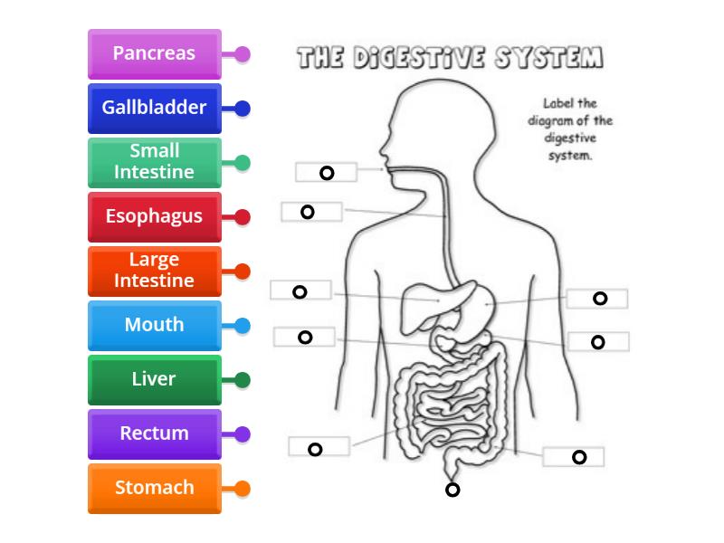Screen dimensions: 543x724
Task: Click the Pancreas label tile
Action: [x=154, y=53]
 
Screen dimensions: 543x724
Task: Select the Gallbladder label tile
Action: [x=154, y=108]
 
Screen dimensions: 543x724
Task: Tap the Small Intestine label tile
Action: [x=154, y=162]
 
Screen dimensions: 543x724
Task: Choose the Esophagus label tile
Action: [x=154, y=216]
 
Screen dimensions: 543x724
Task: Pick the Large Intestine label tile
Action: [x=154, y=271]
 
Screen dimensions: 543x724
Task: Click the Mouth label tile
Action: [x=154, y=325]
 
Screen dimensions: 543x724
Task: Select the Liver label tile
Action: [x=154, y=379]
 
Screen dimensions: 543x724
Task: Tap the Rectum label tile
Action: [x=154, y=433]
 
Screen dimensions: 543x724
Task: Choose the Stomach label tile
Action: [x=154, y=488]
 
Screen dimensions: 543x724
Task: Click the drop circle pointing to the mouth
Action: [x=327, y=173]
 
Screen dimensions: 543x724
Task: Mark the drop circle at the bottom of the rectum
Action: [x=452, y=491]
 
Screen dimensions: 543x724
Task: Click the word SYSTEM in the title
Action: [x=548, y=59]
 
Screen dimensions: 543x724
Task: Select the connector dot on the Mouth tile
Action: [x=243, y=325]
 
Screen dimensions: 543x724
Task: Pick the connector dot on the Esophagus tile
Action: [x=243, y=216]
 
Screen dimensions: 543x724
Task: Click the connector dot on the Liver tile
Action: [x=243, y=379]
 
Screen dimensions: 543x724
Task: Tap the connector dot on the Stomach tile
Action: [x=243, y=488]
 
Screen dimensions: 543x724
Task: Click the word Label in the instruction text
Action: [x=555, y=104]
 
